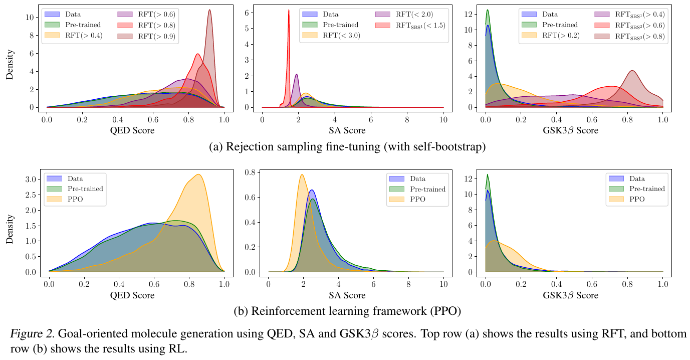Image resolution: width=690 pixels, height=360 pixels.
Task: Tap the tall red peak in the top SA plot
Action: pos(289,11)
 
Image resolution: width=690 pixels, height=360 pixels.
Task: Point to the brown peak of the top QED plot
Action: pos(209,11)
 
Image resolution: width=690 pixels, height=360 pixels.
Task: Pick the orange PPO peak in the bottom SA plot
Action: pos(302,175)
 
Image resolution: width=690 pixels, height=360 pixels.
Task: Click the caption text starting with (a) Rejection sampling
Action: pos(346,147)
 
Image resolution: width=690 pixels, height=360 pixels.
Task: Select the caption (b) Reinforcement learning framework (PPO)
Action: pos(347,311)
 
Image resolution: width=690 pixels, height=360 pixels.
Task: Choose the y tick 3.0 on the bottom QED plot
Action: pos(30,179)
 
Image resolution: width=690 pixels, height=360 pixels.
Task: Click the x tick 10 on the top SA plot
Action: pos(443,121)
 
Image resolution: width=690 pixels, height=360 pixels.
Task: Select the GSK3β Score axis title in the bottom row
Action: pos(571,295)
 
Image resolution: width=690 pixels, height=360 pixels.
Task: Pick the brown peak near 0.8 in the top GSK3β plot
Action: pos(632,71)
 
